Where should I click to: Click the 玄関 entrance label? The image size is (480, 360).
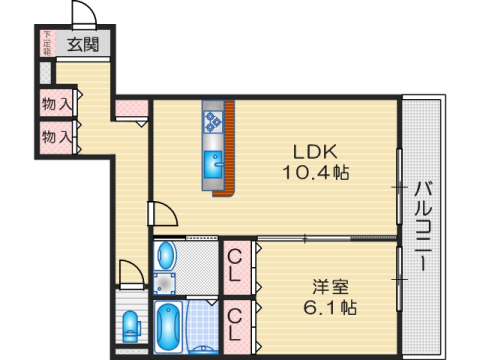[x=83, y=44]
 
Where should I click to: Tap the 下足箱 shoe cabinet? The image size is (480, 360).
[x=45, y=43]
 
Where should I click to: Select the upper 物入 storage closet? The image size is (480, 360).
[x=56, y=103]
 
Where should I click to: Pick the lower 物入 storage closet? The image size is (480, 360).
[x=56, y=136]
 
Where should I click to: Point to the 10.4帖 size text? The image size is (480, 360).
[x=315, y=172]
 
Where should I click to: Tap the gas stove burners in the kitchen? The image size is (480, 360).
[x=213, y=121]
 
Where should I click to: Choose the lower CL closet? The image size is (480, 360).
[x=236, y=324]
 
